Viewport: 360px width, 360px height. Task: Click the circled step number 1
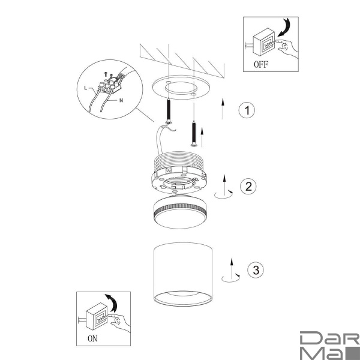click(x=247, y=110)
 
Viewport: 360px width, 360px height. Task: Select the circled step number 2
click(x=248, y=186)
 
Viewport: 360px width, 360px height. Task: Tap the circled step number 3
click(x=256, y=269)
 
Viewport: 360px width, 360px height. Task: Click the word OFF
click(x=261, y=65)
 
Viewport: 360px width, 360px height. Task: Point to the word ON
click(x=92, y=338)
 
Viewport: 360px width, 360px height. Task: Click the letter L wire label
click(x=86, y=88)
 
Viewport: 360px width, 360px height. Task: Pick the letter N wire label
click(x=121, y=100)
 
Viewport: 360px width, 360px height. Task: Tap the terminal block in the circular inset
click(x=110, y=85)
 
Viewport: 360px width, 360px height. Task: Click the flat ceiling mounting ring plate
click(x=181, y=87)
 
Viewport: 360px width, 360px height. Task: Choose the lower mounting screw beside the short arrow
click(x=194, y=134)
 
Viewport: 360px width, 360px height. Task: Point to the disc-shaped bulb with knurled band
click(x=180, y=212)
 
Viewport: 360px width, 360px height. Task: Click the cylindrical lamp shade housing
click(x=183, y=274)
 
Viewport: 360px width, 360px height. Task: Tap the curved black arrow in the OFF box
click(x=284, y=28)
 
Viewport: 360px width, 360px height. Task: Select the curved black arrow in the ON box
click(x=112, y=302)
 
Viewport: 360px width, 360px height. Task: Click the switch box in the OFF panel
click(x=264, y=42)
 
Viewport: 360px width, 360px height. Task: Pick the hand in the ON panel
click(x=120, y=323)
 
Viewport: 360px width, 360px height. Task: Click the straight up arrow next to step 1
click(x=223, y=109)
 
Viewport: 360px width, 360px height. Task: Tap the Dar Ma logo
click(x=330, y=346)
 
